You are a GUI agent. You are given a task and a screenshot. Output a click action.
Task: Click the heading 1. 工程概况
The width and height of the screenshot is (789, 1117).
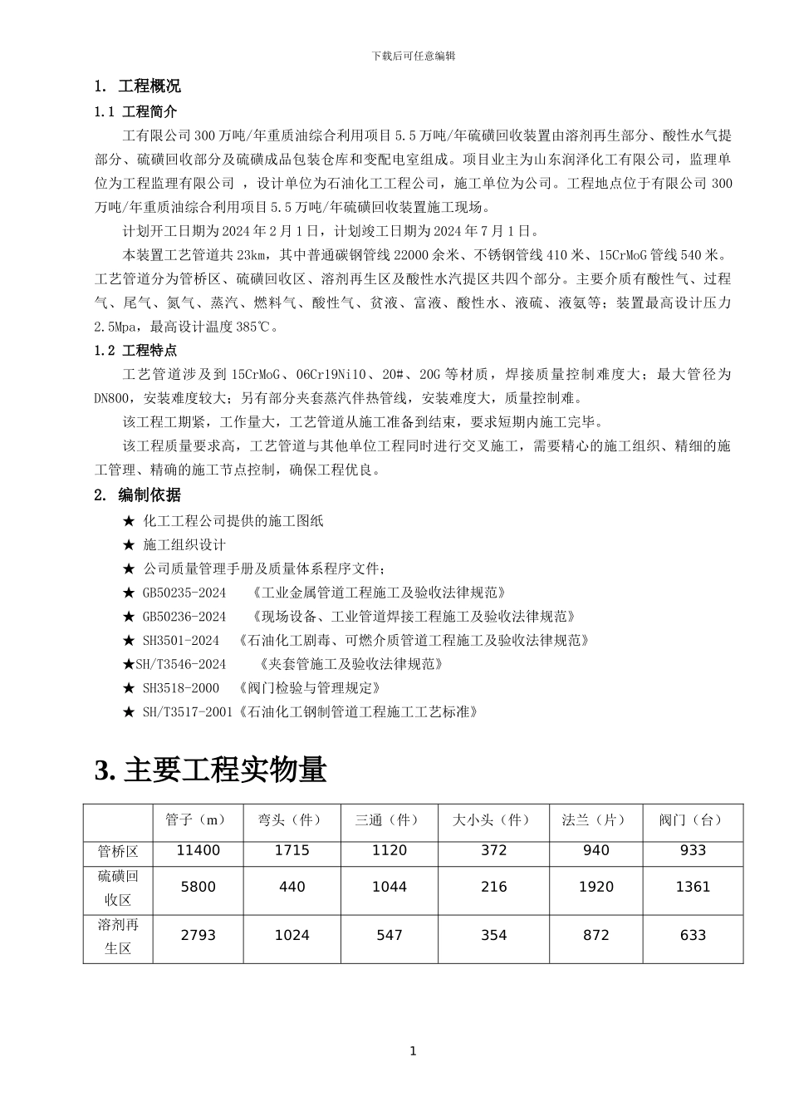point(138,86)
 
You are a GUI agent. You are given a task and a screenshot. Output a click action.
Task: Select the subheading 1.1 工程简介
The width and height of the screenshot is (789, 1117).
point(136,111)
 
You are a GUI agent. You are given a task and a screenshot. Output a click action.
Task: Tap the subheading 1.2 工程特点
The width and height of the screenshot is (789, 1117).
point(136,351)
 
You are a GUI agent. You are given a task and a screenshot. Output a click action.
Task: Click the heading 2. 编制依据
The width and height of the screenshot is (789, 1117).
point(138,495)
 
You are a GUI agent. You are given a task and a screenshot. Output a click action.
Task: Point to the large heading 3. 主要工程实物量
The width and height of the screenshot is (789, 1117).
point(212,770)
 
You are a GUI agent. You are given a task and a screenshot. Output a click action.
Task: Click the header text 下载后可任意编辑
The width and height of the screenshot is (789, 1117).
point(414,56)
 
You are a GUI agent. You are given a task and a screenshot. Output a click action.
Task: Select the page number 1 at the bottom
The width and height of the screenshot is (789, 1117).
point(414,1051)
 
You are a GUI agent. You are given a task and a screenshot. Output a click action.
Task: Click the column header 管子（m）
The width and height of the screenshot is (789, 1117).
point(198,819)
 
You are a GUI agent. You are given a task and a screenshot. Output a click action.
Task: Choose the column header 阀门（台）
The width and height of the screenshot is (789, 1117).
point(692,819)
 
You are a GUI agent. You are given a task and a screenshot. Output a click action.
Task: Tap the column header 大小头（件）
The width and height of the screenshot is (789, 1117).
point(493,819)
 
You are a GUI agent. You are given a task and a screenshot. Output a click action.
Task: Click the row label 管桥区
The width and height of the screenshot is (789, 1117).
point(118,850)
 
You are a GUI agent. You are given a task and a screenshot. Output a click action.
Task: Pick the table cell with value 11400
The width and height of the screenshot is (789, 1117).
point(198,850)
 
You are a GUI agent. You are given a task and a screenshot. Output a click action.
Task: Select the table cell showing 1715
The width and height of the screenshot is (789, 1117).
point(292,850)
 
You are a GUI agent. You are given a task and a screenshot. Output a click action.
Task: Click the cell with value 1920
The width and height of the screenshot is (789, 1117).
point(595,887)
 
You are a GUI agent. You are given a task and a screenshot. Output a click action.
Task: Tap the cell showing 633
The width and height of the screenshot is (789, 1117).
point(693,935)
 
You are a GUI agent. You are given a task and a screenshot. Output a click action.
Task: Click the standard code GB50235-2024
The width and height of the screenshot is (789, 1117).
point(184,593)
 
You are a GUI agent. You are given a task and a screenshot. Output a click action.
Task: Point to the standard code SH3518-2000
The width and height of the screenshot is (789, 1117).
point(181,688)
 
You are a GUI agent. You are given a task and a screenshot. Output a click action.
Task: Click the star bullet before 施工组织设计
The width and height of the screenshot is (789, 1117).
point(129,545)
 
